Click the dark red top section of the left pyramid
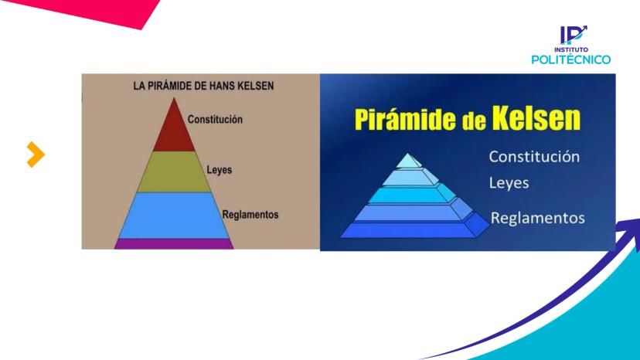174,130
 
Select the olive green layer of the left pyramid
174,172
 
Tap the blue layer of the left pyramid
174,216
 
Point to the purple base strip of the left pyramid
174,244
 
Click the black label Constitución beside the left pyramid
215,120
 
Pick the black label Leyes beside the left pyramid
220,170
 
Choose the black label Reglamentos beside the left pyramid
250,215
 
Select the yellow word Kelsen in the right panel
536,118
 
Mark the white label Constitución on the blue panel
534,157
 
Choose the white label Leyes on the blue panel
509,183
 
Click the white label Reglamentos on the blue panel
537,218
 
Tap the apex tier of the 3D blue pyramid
409,161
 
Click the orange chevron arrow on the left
36,155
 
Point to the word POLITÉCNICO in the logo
570,59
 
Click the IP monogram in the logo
573,35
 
